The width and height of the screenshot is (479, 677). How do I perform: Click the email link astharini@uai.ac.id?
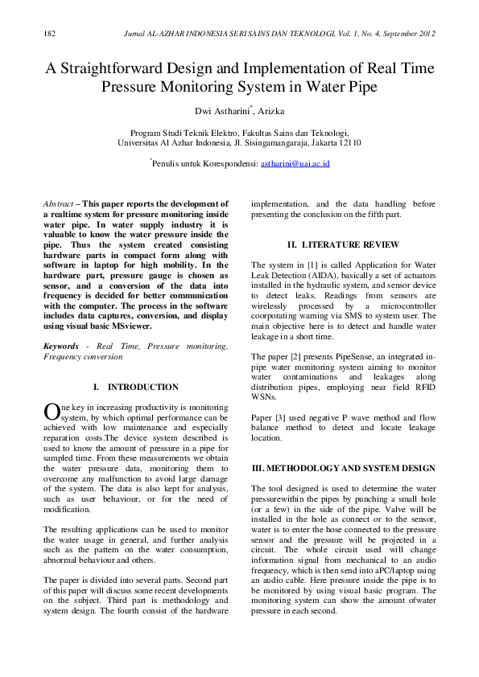tap(295, 163)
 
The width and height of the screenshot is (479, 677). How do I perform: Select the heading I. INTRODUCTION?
tap(135, 387)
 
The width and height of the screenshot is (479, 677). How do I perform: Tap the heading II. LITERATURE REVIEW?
tap(343, 244)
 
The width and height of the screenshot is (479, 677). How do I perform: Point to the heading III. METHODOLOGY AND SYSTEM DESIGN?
tap(344, 468)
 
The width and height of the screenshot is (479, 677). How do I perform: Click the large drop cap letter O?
tap(51, 412)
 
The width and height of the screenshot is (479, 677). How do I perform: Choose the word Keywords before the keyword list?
tap(61, 346)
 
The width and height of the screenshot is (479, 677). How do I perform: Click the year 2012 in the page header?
tap(426, 34)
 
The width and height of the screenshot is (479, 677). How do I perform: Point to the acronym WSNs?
tap(265, 396)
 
